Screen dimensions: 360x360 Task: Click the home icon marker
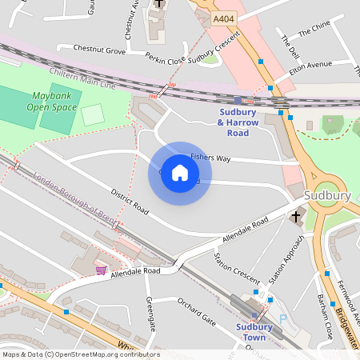(180, 173)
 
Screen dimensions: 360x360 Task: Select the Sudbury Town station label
(254, 330)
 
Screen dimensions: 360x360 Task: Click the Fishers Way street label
(210, 158)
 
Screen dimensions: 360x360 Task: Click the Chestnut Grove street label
(99, 50)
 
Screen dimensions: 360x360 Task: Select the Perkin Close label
(166, 58)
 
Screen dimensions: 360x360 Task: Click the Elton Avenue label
(310, 65)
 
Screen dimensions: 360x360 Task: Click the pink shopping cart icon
(101, 270)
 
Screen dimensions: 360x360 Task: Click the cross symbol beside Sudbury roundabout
(295, 216)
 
